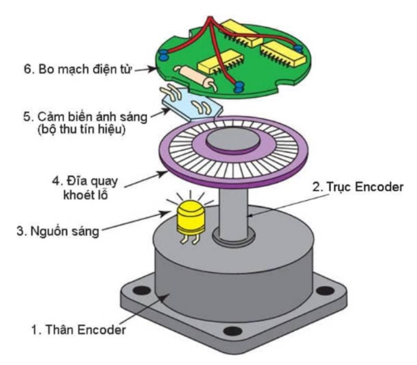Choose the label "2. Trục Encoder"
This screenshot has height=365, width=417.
pyautogui.click(x=358, y=187)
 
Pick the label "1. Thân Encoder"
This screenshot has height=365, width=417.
pyautogui.click(x=78, y=330)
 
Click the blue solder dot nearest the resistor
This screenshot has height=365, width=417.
pyautogui.click(x=239, y=85)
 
